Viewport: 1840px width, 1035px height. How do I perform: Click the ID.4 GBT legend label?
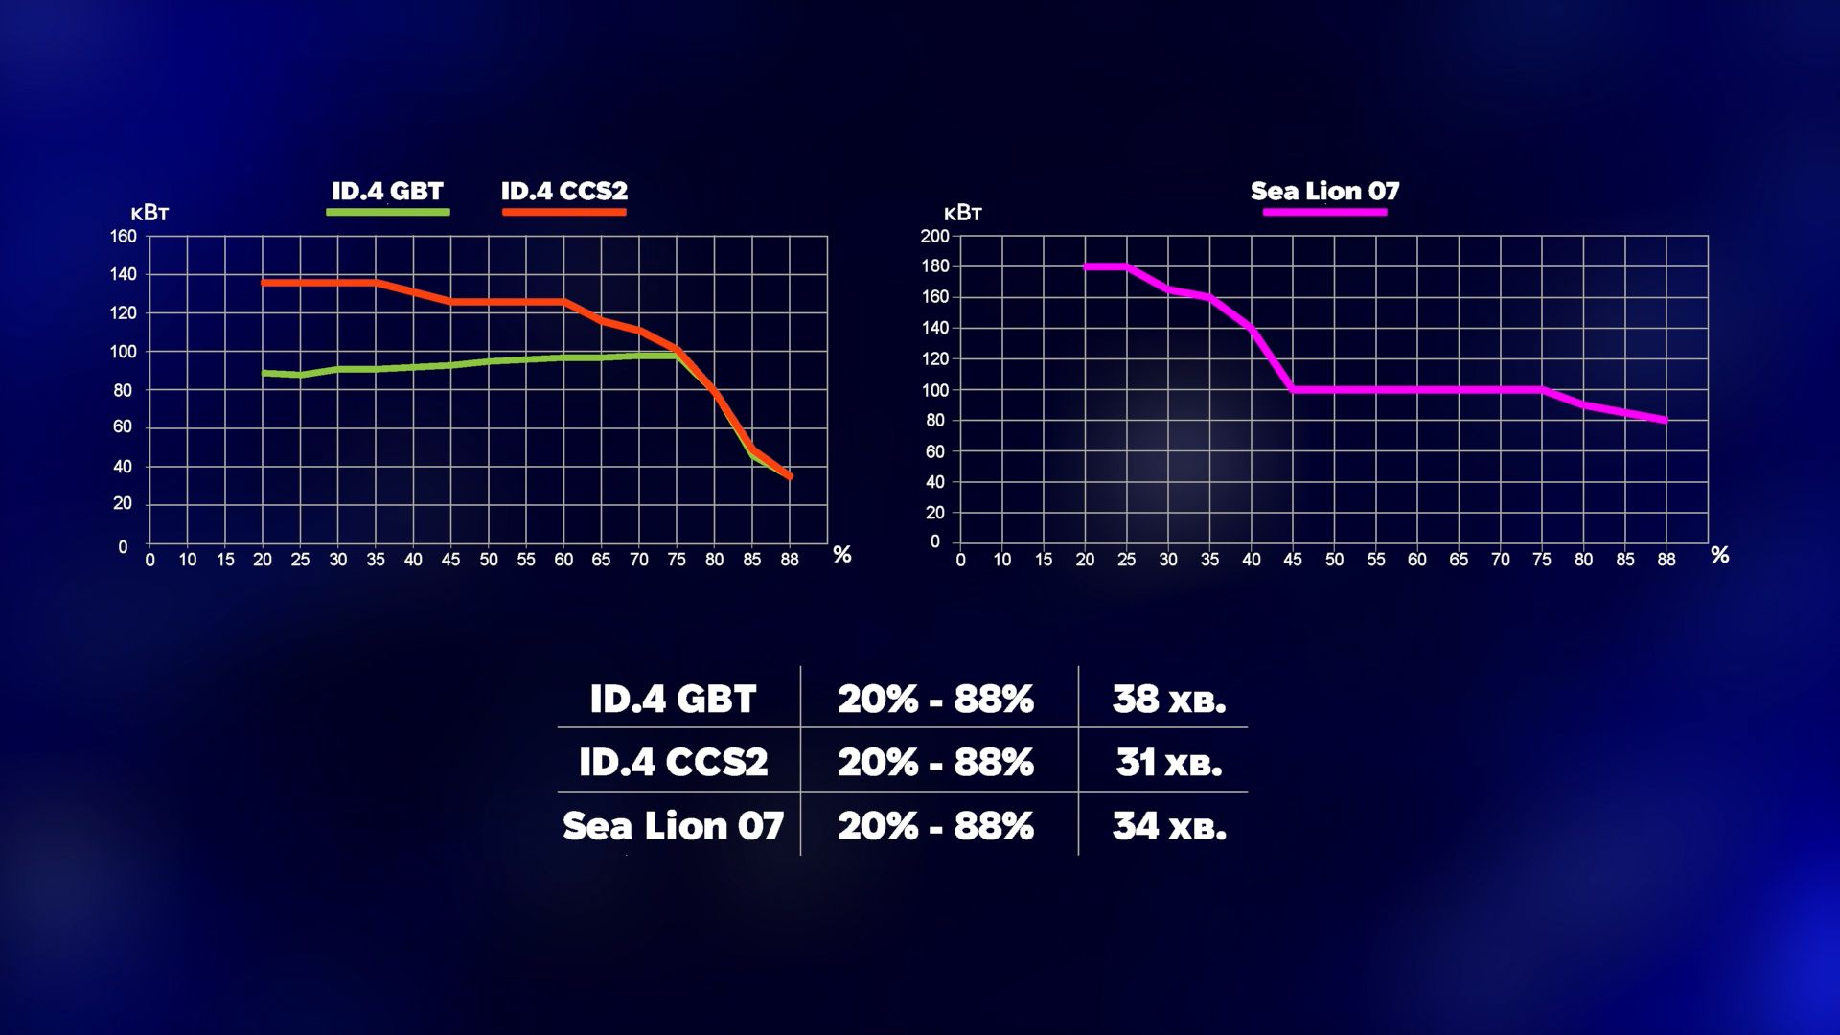387,191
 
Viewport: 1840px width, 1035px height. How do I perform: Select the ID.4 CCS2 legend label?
563,191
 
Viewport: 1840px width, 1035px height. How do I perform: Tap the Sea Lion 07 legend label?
1324,191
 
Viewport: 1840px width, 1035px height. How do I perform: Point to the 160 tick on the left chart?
124,237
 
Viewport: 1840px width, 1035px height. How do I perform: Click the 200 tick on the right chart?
934,237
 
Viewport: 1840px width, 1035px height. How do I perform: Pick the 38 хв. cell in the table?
1168,700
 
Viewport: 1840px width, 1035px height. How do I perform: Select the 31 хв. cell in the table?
1168,763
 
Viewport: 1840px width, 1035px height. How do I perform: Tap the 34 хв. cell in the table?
1168,826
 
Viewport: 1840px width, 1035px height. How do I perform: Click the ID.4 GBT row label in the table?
673,700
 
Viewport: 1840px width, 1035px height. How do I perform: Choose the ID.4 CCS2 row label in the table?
673,763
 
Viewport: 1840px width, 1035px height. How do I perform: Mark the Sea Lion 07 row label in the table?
673,826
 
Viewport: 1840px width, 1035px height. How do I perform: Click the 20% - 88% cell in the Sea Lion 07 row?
935,826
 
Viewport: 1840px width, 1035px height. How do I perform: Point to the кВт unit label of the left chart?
149,213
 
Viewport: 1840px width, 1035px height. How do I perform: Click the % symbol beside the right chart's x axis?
1720,555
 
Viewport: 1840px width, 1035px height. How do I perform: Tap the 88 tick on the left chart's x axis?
790,560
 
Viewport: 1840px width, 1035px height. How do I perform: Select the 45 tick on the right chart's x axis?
1293,560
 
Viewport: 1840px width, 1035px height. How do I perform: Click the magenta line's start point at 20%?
1086,266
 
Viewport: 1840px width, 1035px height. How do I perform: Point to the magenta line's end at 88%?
1667,420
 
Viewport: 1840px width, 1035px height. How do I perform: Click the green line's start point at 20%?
264,373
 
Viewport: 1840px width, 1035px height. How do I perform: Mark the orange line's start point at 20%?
264,283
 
